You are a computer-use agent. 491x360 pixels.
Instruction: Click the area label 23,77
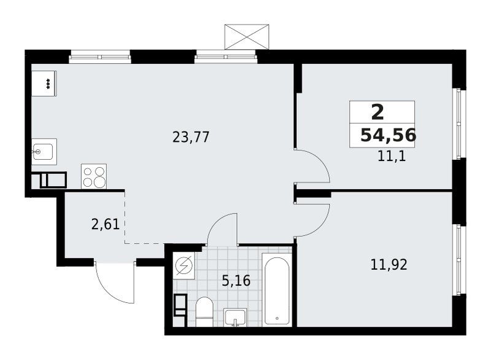pos(191,137)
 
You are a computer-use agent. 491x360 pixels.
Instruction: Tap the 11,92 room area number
pos(389,265)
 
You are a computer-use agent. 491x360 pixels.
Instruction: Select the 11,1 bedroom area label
pos(392,156)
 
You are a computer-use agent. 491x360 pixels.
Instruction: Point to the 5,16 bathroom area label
pos(236,280)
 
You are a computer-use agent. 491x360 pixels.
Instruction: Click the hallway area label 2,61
pos(106,224)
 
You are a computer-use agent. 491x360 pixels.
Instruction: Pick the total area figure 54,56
pos(389,135)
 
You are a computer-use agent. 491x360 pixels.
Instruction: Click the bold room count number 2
pos(377,112)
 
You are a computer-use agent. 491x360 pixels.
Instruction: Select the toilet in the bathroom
pos(204,311)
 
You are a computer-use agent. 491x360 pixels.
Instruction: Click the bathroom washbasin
pos(235,317)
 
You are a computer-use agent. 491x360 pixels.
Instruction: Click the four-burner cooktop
pos(94,176)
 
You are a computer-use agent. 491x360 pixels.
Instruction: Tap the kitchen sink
pos(44,152)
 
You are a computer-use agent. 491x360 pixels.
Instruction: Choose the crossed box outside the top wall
pos(247,37)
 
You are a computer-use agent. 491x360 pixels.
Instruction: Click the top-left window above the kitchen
pos(99,57)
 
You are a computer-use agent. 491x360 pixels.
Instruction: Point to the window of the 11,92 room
pos(459,259)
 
